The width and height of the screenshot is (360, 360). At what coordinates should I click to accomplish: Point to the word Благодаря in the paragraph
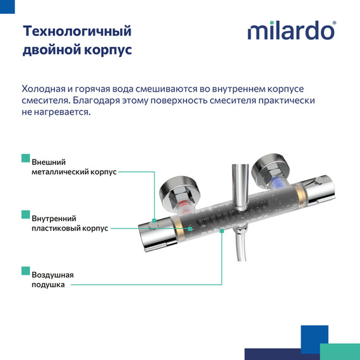point(95,100)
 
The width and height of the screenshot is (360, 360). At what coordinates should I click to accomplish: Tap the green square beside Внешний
point(25,157)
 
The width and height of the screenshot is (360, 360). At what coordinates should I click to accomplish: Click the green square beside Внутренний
point(25,214)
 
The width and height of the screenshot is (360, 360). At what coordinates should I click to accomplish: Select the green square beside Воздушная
point(25,271)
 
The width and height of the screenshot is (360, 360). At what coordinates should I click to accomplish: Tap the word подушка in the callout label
point(48,285)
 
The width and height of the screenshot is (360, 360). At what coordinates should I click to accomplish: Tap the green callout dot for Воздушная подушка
point(222,231)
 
